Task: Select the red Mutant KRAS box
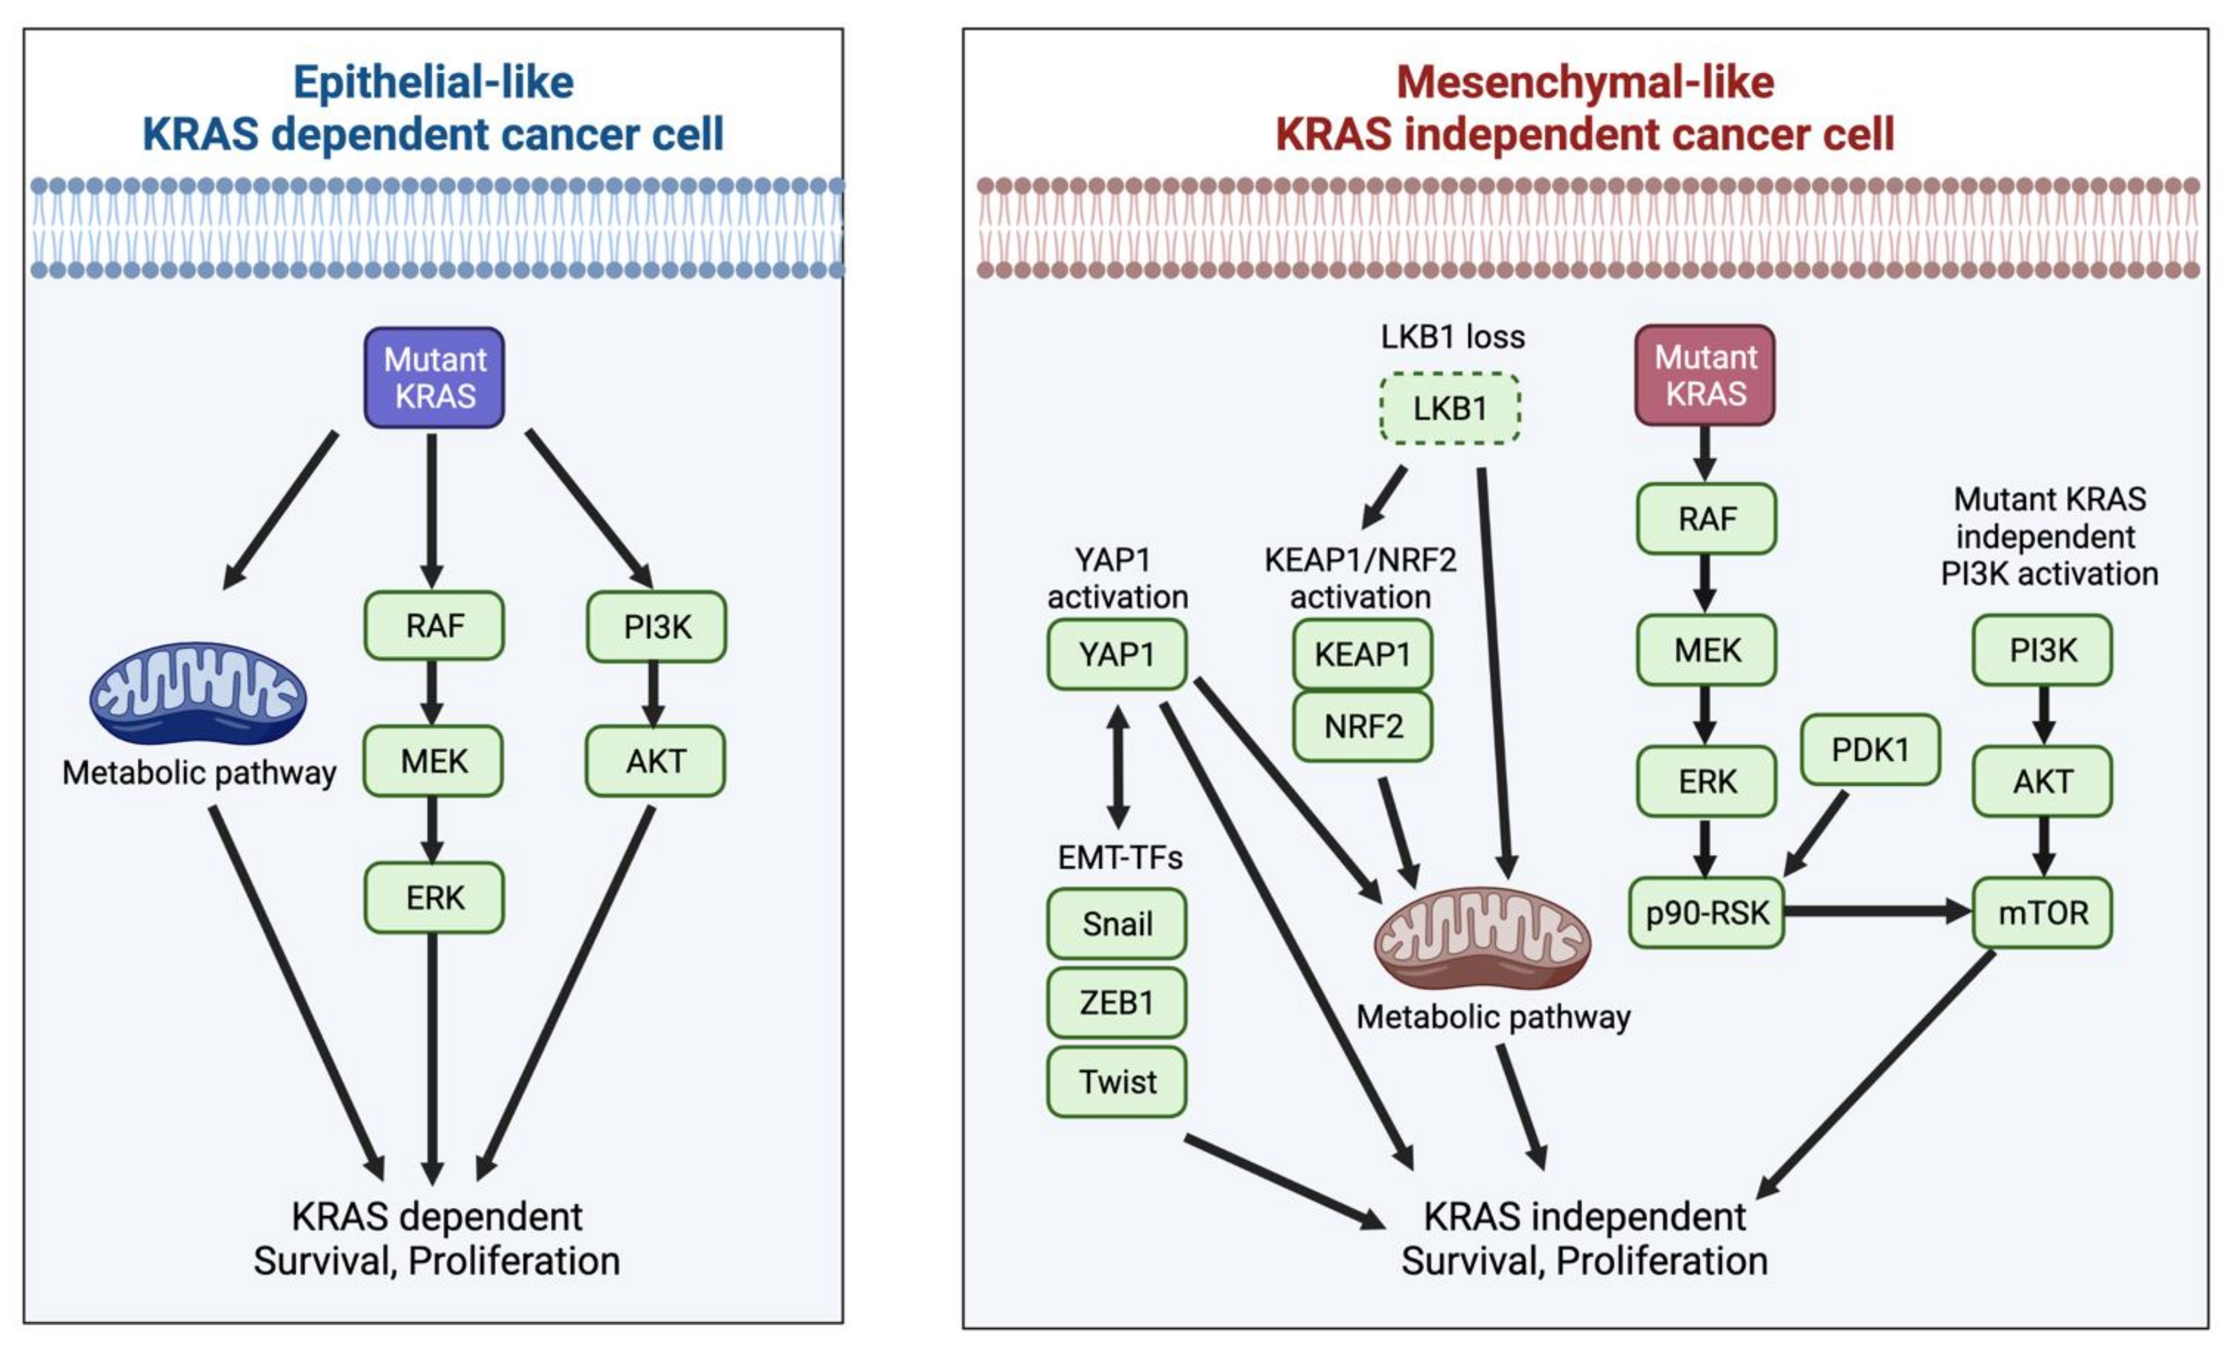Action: tap(1705, 376)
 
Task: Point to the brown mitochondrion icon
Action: tap(1482, 937)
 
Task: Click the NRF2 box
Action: tap(1363, 727)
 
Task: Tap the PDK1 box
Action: tap(1870, 750)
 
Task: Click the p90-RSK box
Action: tap(1706, 913)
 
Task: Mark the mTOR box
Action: tap(2043, 913)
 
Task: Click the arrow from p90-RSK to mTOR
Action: tap(1877, 911)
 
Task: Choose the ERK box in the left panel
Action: tap(434, 898)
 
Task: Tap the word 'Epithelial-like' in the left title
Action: tap(433, 82)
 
